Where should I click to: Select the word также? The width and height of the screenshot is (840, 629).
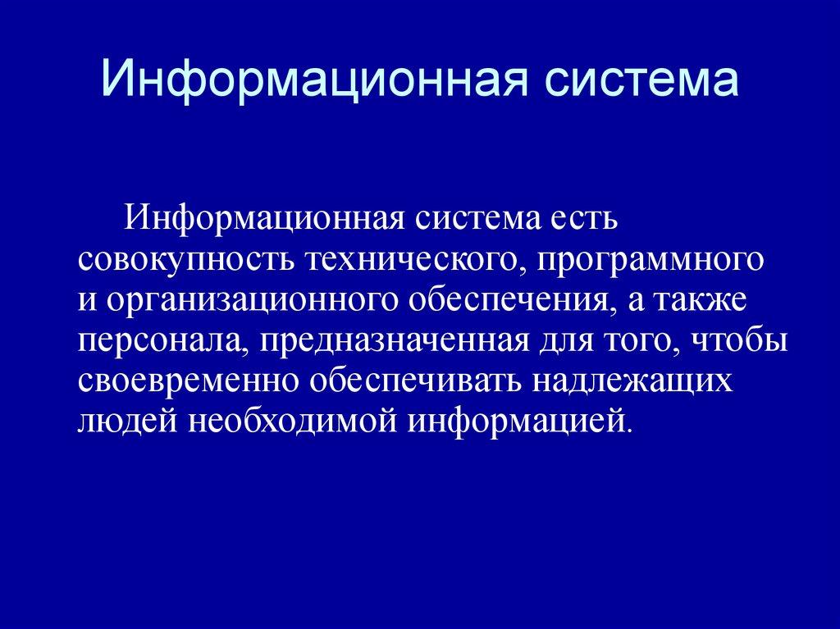(x=699, y=299)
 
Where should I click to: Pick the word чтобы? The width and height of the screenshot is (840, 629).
(x=739, y=339)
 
